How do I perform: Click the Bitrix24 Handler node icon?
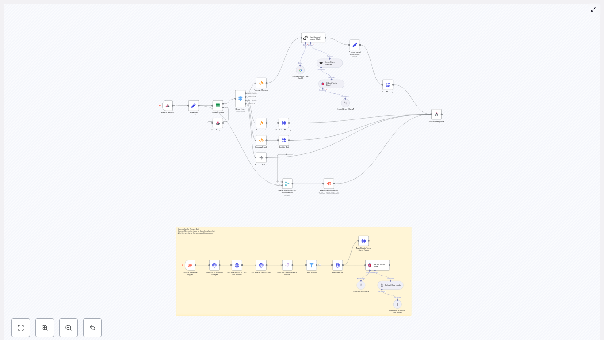[x=168, y=106]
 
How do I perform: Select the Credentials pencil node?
[x=193, y=106]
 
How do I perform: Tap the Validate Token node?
[x=218, y=106]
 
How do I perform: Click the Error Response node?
[x=218, y=123]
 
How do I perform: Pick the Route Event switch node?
[x=240, y=98]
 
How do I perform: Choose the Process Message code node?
[x=261, y=83]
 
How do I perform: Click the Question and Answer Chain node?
[x=313, y=38]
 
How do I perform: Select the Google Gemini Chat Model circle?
[x=300, y=70]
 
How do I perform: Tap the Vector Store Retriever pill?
[x=329, y=63]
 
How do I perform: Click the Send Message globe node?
[x=388, y=85]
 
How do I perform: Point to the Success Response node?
[x=436, y=114]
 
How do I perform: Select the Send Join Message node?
[x=284, y=123]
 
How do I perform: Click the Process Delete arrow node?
[x=261, y=157]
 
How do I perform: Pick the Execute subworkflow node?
[x=329, y=184]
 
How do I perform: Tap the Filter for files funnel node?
[x=311, y=265]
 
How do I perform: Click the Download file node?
[x=337, y=265]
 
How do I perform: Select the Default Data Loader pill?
[x=390, y=285]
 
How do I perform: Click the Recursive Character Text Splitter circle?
[x=398, y=304]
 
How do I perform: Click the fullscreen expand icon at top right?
[x=594, y=9]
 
